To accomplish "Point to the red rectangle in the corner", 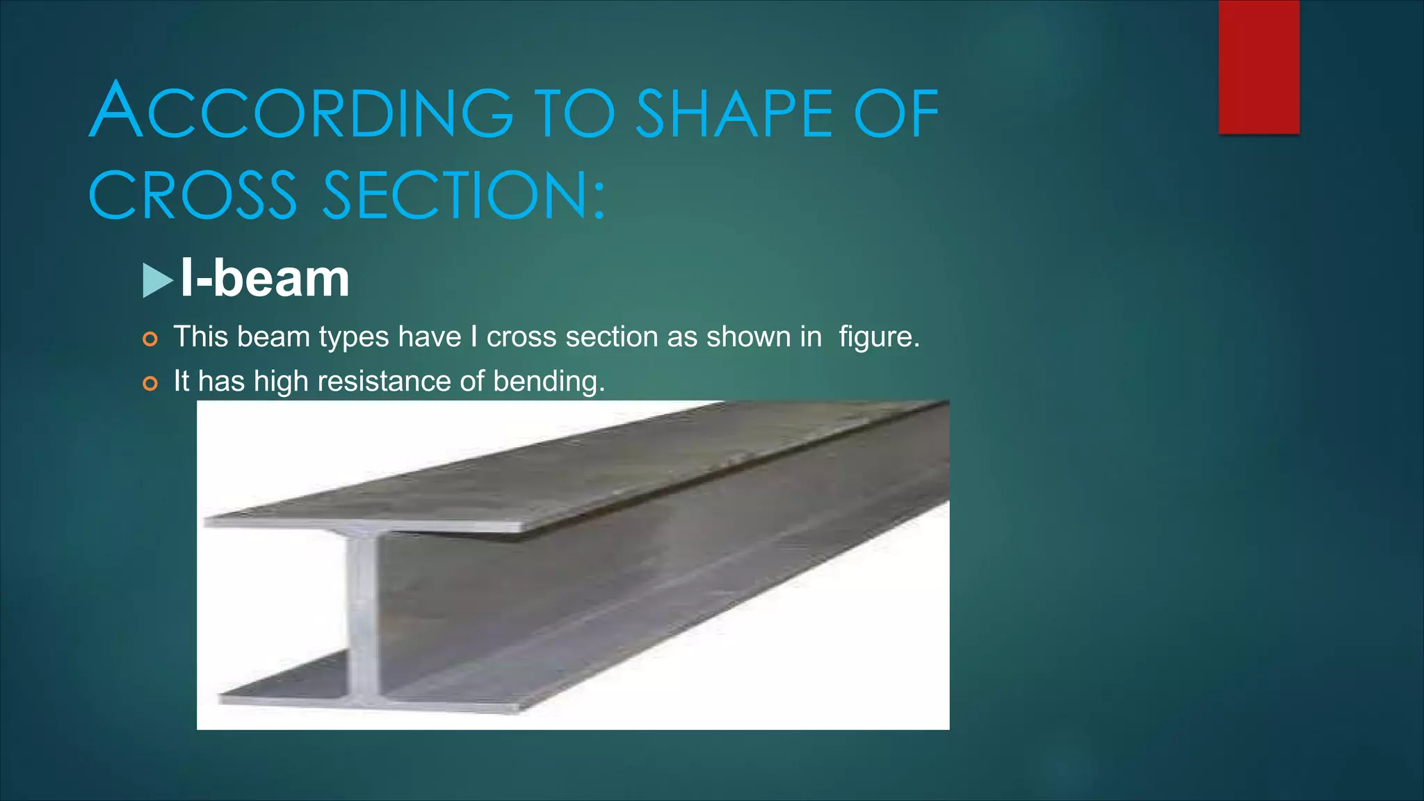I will point(1259,67).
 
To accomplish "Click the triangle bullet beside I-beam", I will point(157,280).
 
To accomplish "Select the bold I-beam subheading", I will point(265,278).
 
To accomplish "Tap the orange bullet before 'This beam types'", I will point(150,339).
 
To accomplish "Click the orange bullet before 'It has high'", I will point(150,383).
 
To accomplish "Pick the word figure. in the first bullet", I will point(879,337).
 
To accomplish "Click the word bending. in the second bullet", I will point(549,381).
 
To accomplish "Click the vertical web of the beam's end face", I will point(363,612).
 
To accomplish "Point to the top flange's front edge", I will point(362,524).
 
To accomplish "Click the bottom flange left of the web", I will point(285,685).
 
